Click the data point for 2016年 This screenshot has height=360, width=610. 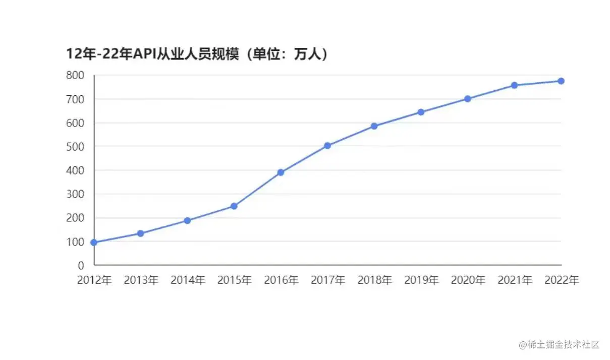click(281, 172)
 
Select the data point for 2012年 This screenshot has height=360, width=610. click(94, 243)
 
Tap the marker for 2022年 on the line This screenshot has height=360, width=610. click(561, 81)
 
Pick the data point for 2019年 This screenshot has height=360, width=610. click(421, 112)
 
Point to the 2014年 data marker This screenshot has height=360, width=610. click(187, 221)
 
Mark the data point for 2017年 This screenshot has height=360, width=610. click(327, 146)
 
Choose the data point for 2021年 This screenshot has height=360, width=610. click(514, 85)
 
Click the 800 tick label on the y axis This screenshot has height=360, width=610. click(74, 76)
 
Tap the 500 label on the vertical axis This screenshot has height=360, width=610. click(74, 147)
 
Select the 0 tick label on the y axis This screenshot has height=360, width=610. click(81, 265)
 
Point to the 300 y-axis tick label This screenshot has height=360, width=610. click(74, 194)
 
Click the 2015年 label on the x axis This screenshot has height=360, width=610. click(234, 280)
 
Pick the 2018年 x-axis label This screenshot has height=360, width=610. click(374, 280)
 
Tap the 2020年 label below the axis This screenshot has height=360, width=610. click(468, 280)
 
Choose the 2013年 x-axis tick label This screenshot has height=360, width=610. click(141, 280)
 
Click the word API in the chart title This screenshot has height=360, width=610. click(143, 54)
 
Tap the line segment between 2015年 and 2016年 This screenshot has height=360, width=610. click(257, 189)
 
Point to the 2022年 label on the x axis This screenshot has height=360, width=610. click(561, 280)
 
